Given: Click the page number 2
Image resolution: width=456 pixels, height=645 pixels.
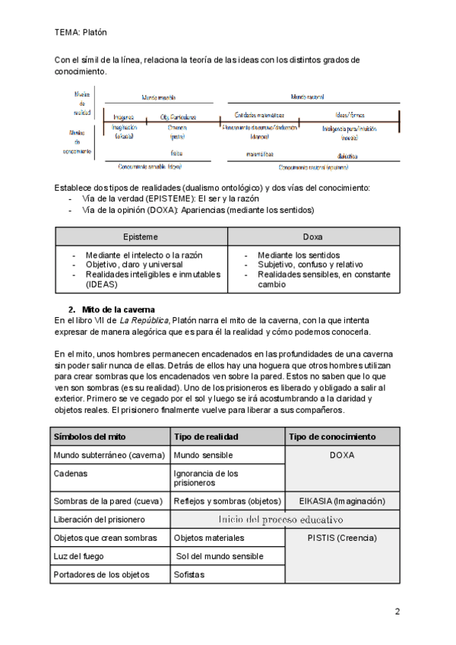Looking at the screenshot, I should (397, 611).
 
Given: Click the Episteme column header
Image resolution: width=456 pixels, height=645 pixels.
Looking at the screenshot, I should (141, 237).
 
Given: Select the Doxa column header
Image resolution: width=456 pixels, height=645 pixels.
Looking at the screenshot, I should (312, 237).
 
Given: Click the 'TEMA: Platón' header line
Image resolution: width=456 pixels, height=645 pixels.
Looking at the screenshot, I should (81, 33).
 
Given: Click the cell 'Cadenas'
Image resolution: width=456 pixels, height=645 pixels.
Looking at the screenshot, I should (71, 473).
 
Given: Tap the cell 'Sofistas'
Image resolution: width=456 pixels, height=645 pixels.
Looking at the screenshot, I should (189, 575).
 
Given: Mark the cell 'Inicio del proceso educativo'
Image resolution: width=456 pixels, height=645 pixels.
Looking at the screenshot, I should (280, 519).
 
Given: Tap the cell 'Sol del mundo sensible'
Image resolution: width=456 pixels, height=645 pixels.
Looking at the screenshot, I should (220, 556).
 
